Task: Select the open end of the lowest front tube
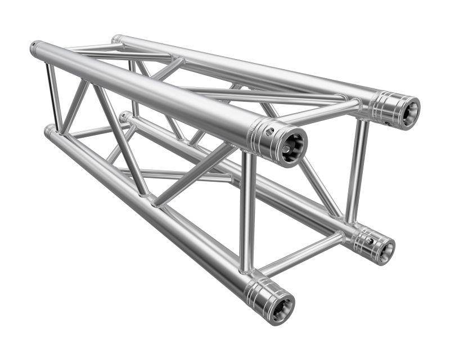pos(280,306)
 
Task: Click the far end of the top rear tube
pos(116,39)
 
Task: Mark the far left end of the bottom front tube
pos(49,132)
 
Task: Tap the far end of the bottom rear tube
pos(124,117)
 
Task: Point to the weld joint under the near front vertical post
pos(247,271)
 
